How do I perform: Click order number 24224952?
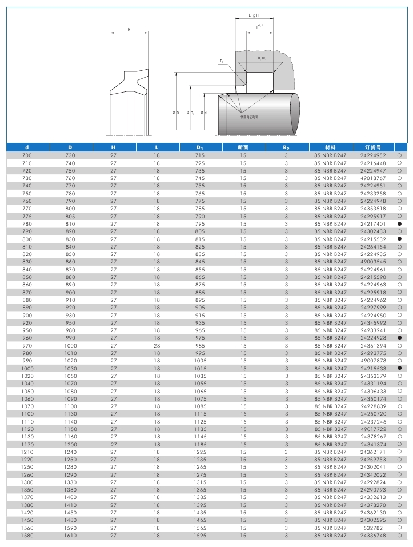point(373,155)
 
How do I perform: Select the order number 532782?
point(373,528)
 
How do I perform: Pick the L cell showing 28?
point(157,345)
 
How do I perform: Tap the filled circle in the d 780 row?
point(400,224)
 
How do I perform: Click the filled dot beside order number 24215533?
point(400,368)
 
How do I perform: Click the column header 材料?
point(330,147)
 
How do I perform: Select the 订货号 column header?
point(372,147)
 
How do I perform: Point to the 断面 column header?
point(243,147)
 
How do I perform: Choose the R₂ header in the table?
point(286,147)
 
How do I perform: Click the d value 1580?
point(27,536)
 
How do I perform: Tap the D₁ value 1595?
point(200,536)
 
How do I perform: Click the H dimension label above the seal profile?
point(129,29)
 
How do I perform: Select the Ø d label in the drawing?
point(204,113)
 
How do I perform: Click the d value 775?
point(27,216)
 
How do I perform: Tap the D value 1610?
point(70,536)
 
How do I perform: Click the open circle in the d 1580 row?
point(400,536)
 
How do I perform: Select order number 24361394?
point(373,345)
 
